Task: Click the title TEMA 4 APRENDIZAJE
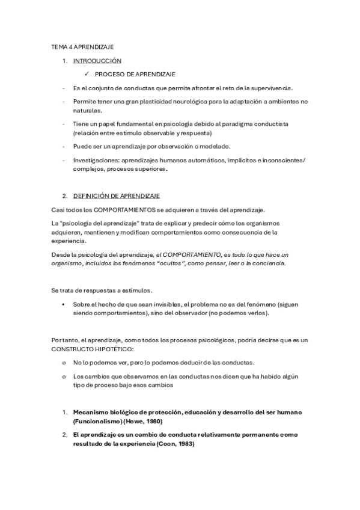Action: click(82, 46)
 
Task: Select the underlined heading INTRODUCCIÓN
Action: click(97, 61)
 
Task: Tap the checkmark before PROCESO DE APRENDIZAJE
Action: click(87, 74)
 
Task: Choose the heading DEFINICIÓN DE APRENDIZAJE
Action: click(117, 196)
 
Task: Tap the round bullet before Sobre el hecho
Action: click(64, 304)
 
